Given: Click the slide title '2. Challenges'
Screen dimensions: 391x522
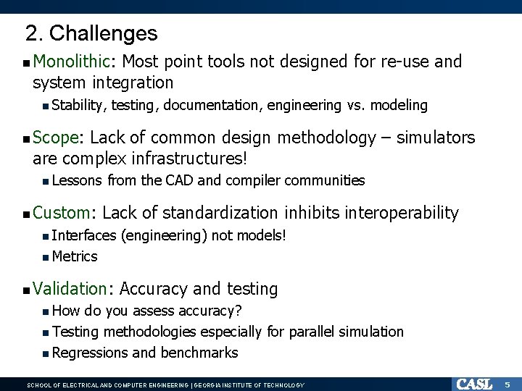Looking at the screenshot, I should pos(91,33).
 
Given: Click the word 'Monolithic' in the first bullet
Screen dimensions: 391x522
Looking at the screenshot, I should pos(70,62).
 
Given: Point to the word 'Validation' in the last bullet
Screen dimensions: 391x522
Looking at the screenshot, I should pos(70,289).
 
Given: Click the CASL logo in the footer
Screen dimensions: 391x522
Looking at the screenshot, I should pos(473,384).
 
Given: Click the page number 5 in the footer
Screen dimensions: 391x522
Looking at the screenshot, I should pos(507,384).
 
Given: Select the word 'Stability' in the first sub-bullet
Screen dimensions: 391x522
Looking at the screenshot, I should pos(78,106).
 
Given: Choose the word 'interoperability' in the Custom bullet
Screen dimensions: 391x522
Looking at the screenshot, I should pos(402,213).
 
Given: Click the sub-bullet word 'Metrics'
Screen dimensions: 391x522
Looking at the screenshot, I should pos(75,256).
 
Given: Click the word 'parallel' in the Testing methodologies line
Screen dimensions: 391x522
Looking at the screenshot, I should pos(312,332).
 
